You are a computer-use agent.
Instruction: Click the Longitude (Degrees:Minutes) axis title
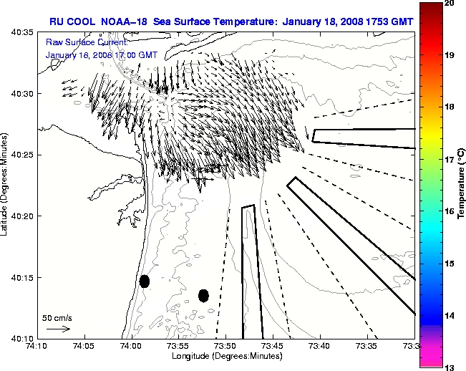[225, 357]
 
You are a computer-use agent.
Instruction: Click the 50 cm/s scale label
[57, 317]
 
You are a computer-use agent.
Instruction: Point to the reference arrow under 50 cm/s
[58, 329]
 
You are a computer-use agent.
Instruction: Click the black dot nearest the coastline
[145, 281]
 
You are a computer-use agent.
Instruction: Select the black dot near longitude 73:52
[203, 295]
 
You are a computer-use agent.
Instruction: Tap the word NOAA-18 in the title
[120, 21]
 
